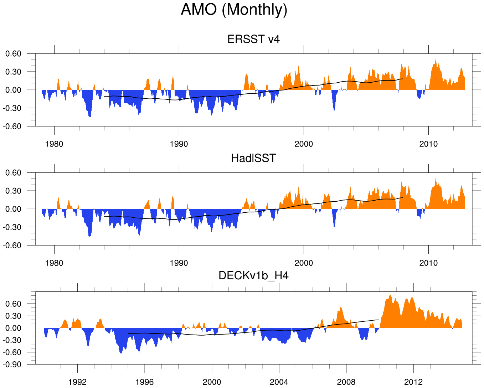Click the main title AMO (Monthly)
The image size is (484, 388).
click(x=234, y=10)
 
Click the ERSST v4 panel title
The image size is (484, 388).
click(x=253, y=39)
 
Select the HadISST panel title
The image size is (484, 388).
click(x=253, y=158)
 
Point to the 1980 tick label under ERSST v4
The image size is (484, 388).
click(x=54, y=144)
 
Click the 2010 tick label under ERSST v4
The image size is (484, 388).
click(x=428, y=144)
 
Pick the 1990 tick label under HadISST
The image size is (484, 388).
click(x=179, y=263)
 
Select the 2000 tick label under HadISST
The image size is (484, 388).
click(x=304, y=263)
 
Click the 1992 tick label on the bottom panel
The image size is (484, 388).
click(x=77, y=382)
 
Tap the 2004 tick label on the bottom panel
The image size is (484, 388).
click(x=279, y=382)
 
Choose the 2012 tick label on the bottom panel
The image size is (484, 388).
click(x=413, y=382)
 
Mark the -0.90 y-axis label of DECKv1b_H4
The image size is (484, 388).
click(x=12, y=364)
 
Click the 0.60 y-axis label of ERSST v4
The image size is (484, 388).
click(x=14, y=54)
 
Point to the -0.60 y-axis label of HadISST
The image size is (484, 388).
click(x=12, y=245)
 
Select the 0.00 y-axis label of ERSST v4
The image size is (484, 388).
click(x=14, y=90)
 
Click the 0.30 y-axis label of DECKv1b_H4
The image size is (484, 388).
click(x=14, y=316)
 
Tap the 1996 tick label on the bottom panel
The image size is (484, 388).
click(x=144, y=382)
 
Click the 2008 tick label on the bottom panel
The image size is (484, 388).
click(x=346, y=382)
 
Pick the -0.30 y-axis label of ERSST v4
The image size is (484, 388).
click(x=12, y=108)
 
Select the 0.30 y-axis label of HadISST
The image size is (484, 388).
click(x=14, y=191)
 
